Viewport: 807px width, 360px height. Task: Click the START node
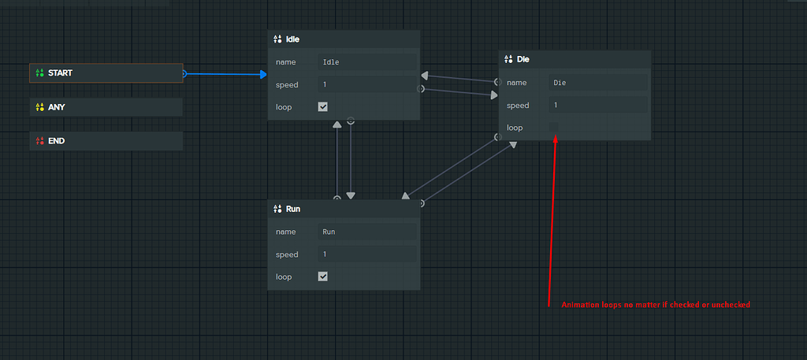(x=106, y=73)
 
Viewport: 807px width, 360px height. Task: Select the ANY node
(x=106, y=107)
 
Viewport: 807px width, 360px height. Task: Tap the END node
(x=106, y=141)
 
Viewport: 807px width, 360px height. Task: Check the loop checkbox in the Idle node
(x=323, y=107)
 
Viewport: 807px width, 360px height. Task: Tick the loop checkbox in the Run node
(x=323, y=276)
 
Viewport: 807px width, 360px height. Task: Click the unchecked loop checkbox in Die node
(x=554, y=128)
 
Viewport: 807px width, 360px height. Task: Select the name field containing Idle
(x=367, y=62)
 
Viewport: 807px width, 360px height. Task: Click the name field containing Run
(x=367, y=232)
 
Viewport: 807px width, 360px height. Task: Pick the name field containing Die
(x=598, y=83)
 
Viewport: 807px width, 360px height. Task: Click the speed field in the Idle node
(x=367, y=84)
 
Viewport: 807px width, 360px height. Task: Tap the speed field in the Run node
(x=367, y=254)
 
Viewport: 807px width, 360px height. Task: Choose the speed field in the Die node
(x=598, y=105)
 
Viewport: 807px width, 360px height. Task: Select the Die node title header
(x=575, y=60)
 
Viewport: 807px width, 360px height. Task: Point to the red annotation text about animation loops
(x=655, y=305)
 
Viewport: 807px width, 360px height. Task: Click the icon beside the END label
(x=39, y=141)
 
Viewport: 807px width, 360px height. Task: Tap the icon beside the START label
(x=39, y=73)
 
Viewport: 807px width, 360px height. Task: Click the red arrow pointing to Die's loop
(x=552, y=221)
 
